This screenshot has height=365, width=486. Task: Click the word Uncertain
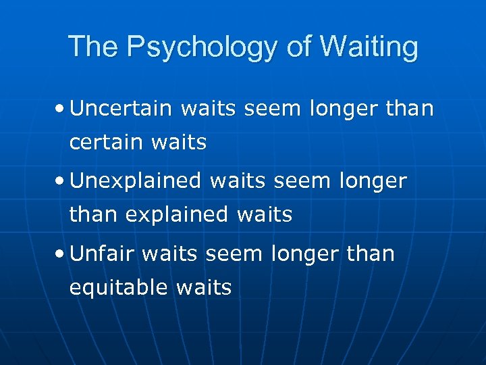119,108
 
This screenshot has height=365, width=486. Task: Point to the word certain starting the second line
106,143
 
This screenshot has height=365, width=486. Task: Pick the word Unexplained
136,181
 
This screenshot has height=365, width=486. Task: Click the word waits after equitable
203,288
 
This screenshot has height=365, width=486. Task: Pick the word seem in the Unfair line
233,253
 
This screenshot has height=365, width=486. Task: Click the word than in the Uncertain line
408,108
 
